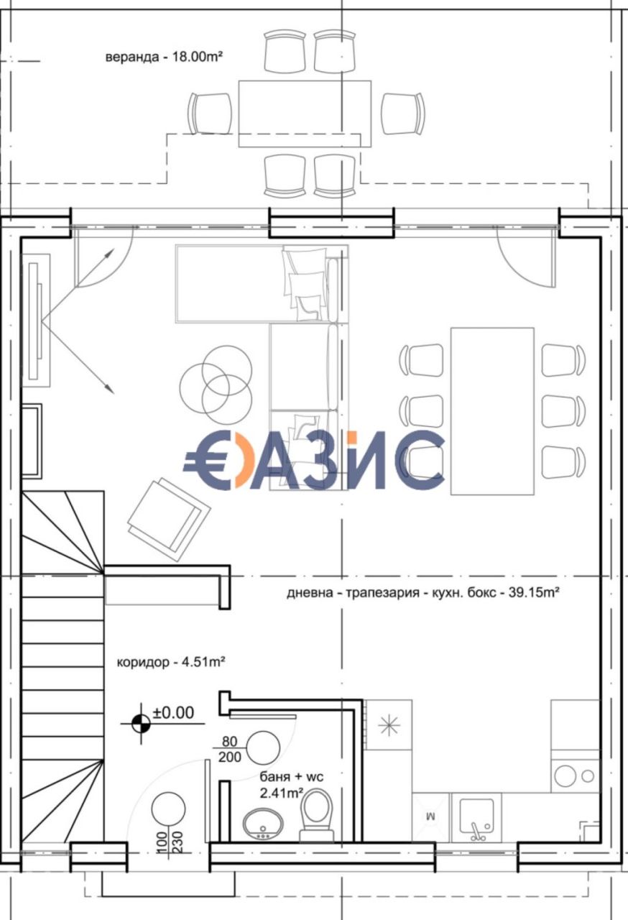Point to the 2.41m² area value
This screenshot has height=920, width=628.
[x=281, y=793]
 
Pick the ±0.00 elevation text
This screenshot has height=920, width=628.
[x=173, y=713]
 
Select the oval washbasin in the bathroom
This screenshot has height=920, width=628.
[x=262, y=824]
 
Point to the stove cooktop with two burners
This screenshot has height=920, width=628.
[x=575, y=776]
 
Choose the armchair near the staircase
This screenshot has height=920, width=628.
[x=168, y=513]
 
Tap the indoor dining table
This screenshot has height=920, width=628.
[x=492, y=410]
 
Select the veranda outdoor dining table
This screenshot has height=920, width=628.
[x=305, y=113]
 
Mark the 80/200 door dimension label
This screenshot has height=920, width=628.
[x=230, y=749]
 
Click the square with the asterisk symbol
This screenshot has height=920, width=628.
[x=388, y=725]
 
